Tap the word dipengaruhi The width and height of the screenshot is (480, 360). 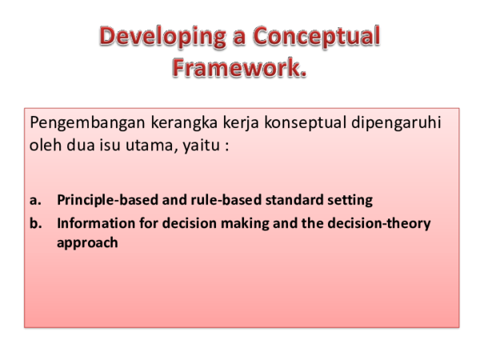[404, 125]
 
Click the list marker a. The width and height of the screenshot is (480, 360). [34, 198]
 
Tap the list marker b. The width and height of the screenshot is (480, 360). [34, 223]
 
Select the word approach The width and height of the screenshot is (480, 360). [87, 242]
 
